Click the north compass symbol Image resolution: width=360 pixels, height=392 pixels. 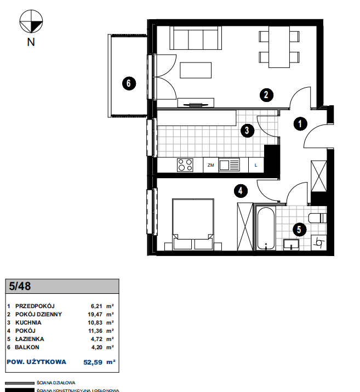(31, 21)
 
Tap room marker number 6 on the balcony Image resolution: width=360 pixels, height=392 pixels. (129, 83)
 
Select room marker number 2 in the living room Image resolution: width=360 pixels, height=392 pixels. (266, 95)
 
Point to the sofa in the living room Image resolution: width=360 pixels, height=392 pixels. (196, 38)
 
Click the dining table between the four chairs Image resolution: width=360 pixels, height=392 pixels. (279, 47)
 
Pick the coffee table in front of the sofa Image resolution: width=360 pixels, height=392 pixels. (196, 70)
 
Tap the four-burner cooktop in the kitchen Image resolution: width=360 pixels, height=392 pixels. (185, 165)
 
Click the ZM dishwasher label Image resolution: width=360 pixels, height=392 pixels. (211, 165)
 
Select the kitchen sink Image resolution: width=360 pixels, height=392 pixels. (229, 165)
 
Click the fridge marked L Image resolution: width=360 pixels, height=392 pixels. (256, 165)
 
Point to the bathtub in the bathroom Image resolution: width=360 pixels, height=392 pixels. (266, 228)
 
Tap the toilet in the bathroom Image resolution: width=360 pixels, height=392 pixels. (317, 218)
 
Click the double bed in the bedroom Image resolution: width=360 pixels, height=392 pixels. (193, 224)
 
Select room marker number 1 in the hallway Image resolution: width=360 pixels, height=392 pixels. (300, 123)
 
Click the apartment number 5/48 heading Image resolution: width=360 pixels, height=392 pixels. (20, 286)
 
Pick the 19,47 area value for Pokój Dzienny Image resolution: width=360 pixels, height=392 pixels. (95, 314)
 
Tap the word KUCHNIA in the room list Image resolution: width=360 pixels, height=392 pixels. (28, 322)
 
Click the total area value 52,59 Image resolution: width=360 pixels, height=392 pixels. (93, 362)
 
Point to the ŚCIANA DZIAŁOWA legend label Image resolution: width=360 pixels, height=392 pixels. (56, 383)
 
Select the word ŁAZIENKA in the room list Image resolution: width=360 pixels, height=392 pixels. (30, 339)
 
